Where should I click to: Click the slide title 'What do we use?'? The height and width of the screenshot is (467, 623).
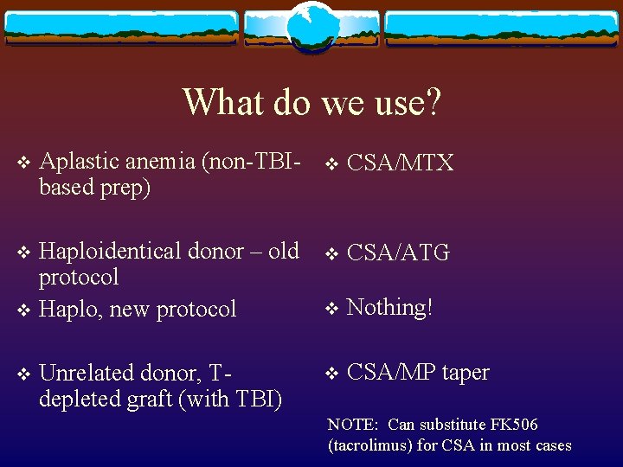tap(311, 102)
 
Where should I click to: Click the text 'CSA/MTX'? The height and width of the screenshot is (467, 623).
tap(400, 163)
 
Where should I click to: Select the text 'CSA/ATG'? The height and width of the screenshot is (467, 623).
tap(398, 253)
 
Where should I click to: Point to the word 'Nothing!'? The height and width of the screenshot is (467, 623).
tap(389, 308)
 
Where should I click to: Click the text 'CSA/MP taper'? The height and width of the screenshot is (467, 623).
tap(418, 373)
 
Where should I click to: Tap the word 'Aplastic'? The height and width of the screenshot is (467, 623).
tap(80, 161)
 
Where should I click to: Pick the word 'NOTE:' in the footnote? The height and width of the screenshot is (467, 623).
tap(353, 425)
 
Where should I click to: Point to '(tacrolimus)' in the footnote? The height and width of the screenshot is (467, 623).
tap(370, 445)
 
